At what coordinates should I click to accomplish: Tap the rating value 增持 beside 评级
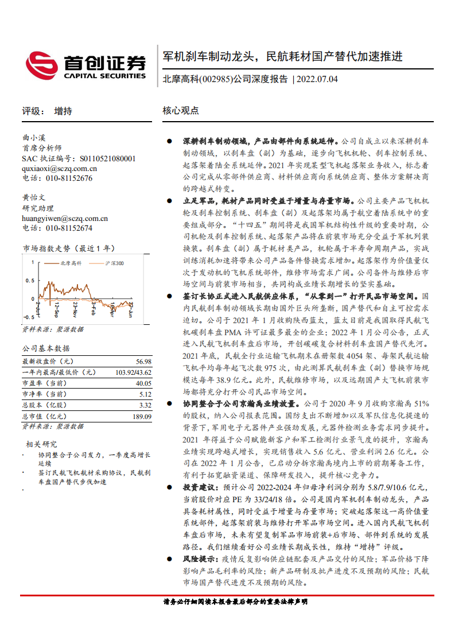coord(63,111)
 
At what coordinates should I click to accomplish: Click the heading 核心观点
coord(181,111)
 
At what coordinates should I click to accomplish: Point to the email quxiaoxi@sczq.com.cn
coord(59,168)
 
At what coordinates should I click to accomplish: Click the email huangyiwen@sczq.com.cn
coord(65,218)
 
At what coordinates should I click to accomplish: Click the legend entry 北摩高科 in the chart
coord(71,262)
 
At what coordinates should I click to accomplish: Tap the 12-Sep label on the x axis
coord(56,311)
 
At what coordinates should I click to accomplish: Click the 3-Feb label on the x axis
coord(94,309)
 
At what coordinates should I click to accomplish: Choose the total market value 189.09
coord(141,416)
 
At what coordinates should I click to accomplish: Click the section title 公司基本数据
coord(46,348)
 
